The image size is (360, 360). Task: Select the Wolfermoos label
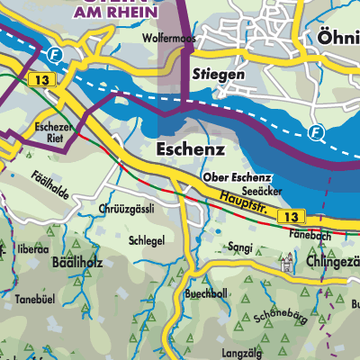[x=169, y=40]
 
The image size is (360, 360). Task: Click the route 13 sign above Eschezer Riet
[x=39, y=81]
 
